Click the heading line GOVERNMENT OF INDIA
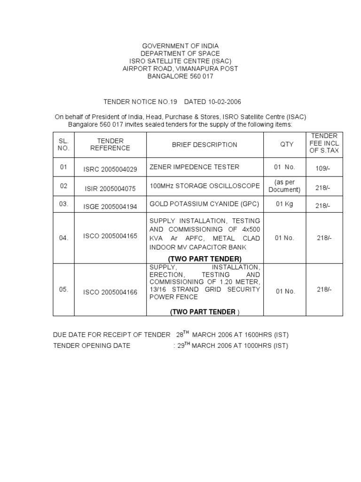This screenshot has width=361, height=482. pos(180,46)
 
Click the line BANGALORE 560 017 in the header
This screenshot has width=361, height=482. pos(180,76)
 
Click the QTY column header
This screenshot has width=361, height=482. pos(287,145)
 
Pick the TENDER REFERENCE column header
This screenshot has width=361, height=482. pos(110,145)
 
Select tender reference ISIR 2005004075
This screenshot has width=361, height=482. pos(110,189)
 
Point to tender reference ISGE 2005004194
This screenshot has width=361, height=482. pos(110,206)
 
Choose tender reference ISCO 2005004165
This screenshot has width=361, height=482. pos(110,236)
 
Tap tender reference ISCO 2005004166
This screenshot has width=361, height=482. pos(110,292)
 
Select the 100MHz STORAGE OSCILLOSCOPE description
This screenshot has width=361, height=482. pos(204,186)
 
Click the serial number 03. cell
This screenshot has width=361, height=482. pos(64,204)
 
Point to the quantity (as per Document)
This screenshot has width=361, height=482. pos(284,186)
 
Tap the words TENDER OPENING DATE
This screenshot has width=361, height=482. pos(92,346)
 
